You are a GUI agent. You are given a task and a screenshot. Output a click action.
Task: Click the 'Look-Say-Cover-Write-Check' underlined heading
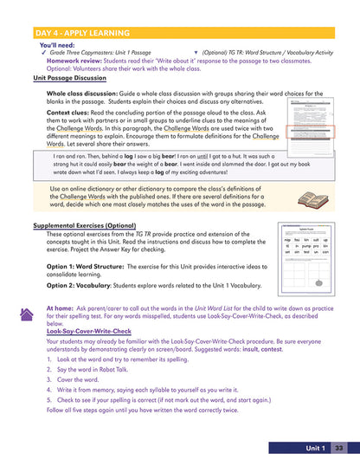(91, 331)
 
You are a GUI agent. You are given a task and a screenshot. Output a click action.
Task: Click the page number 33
(339, 448)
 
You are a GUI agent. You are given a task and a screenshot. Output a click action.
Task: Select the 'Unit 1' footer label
(315, 448)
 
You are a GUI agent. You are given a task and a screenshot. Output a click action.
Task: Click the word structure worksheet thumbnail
(309, 261)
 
